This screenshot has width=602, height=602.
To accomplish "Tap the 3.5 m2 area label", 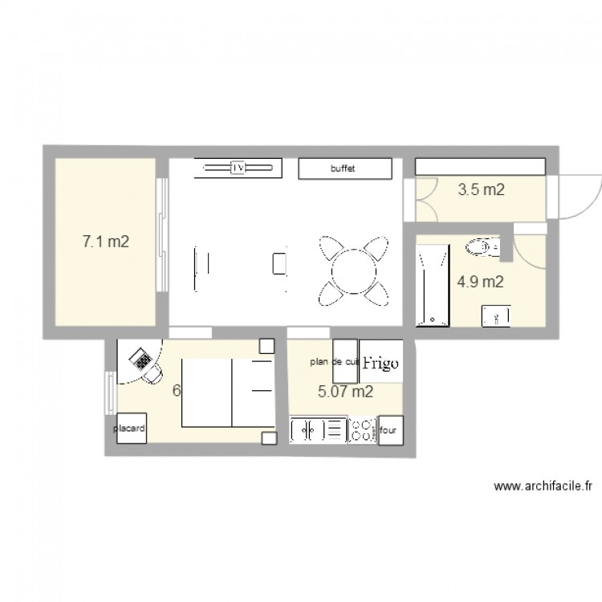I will click(481, 190).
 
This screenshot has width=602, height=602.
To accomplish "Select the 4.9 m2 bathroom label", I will click(480, 282).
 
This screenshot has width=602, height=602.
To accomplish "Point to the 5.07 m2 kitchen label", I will click(345, 393).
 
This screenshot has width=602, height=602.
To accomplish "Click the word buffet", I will click(343, 169).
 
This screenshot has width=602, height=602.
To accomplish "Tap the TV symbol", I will click(238, 168).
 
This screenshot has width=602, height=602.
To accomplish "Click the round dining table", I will click(350, 270).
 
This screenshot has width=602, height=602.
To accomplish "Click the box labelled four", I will click(388, 430).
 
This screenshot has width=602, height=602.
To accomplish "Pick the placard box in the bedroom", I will click(129, 429).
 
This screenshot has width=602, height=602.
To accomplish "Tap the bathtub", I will click(433, 286).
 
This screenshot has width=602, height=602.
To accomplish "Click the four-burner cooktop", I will click(363, 429).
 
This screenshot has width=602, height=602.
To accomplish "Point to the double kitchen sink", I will click(318, 429).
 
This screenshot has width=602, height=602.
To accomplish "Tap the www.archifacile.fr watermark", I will click(543, 486).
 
